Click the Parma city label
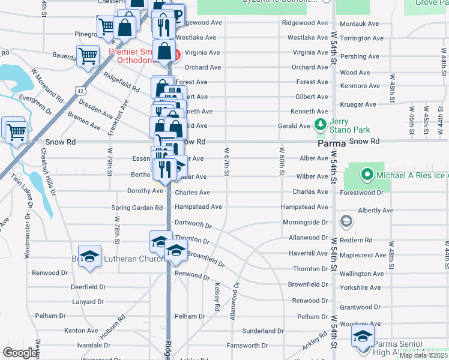pos(331,144)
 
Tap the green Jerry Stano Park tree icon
pos(321,125)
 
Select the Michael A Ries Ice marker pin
pos(367,175)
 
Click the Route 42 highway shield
pos(80,90)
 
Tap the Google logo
pos(20,353)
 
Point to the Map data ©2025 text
pos(423,355)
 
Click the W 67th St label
pos(227,162)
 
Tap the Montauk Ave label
pos(359,23)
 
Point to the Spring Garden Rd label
pos(137,208)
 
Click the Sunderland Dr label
pos(263,331)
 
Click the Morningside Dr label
pos(306,222)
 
